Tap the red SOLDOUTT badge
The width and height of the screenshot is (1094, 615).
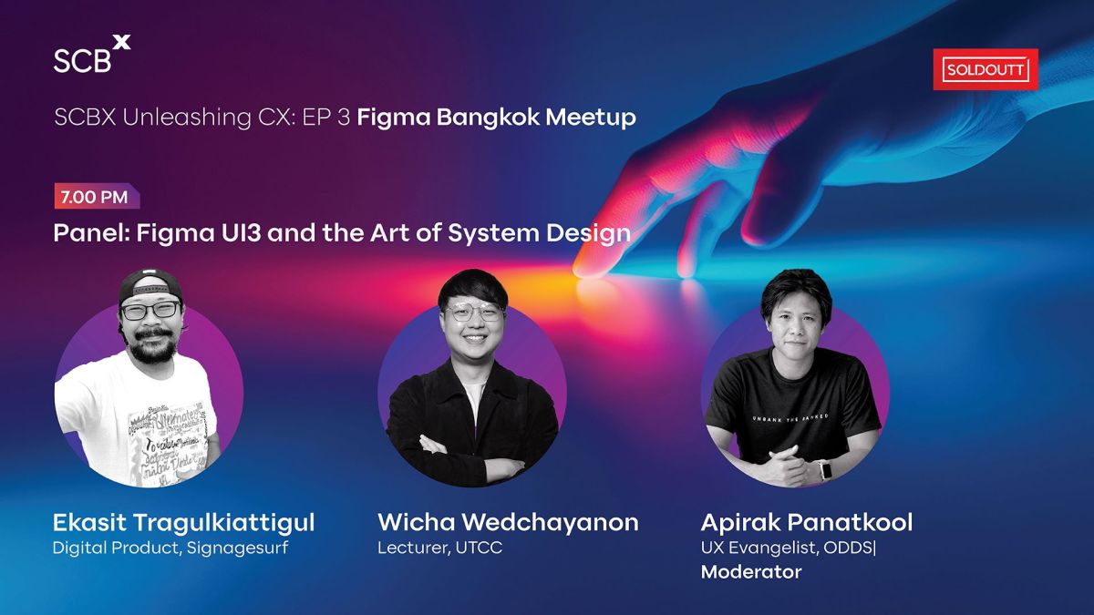click(986, 69)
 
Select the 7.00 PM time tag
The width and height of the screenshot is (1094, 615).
click(96, 196)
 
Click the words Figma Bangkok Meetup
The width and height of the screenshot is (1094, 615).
click(496, 118)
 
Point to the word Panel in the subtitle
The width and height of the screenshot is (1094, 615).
click(89, 233)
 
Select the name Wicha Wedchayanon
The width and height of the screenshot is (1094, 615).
click(508, 523)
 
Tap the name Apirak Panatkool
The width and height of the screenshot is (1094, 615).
click(806, 523)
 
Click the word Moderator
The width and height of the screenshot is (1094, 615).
click(750, 572)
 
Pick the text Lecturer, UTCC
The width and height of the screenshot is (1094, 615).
click(439, 548)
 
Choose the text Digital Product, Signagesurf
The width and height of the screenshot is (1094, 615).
click(170, 548)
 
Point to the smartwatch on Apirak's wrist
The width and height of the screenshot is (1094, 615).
click(825, 470)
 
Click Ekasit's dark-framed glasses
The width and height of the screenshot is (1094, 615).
click(150, 310)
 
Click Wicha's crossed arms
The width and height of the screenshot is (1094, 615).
click(471, 438)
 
